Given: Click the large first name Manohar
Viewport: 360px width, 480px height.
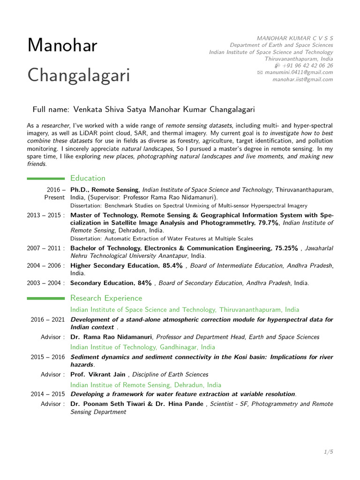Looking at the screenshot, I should click(62, 45).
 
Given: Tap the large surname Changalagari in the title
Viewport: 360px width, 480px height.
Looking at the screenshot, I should click(79, 75).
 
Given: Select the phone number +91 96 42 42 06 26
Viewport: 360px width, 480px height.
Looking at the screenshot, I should click(307, 66).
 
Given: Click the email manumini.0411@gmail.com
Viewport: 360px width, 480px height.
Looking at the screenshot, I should click(299, 73).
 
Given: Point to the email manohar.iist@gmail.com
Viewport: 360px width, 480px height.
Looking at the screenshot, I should click(303, 80).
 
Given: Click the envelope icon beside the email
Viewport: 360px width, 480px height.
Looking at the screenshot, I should click(260, 73).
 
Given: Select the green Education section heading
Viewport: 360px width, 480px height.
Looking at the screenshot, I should click(88, 178).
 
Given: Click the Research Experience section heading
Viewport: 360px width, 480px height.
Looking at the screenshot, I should click(106, 298).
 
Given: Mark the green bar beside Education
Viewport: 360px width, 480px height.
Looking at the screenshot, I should click(46, 178).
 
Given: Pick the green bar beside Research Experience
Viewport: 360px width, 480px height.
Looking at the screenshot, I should click(46, 298).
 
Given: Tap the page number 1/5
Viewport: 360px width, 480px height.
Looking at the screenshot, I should click(328, 452).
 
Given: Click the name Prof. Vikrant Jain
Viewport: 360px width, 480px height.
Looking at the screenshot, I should click(99, 375).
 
